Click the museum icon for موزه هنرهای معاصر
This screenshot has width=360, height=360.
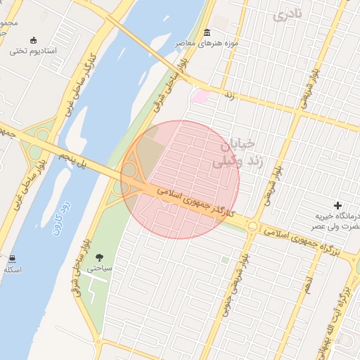tap(207, 33)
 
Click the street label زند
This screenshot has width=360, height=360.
tap(229, 94)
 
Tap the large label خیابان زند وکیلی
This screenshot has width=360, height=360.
tap(232, 153)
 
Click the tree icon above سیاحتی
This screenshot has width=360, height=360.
tap(98, 257)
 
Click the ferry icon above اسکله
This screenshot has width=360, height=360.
tap(13, 259)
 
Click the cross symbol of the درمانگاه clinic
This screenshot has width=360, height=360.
tap(338, 205)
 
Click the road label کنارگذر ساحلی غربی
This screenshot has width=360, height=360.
tap(79, 84)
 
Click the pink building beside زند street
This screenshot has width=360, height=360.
tap(200, 96)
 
